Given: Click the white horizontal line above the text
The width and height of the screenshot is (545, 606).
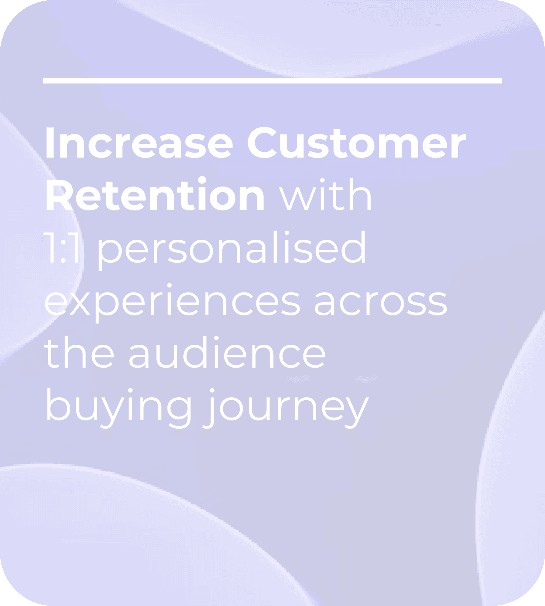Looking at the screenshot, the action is [272, 81].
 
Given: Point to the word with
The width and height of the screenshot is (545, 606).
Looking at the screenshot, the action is [326, 194].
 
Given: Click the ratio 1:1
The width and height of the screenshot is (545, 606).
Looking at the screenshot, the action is [63, 247].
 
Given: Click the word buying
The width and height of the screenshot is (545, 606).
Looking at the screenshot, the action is [118, 408].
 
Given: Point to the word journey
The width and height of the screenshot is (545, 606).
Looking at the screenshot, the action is [286, 408].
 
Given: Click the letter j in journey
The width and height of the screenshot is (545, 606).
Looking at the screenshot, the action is [210, 408].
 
